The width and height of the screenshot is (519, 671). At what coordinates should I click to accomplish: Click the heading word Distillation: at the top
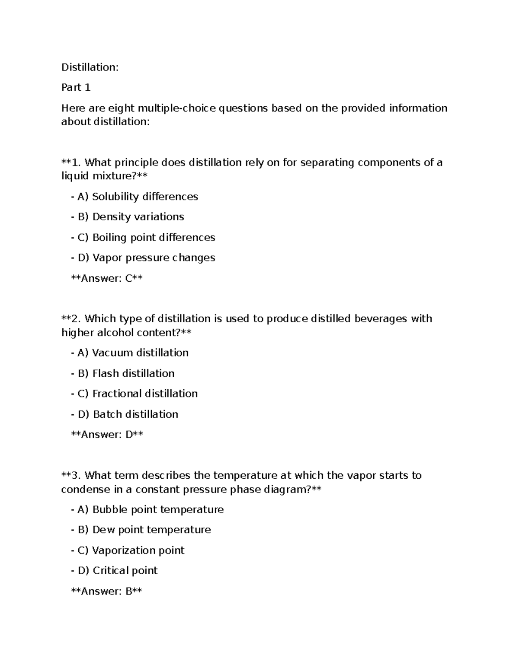point(90,67)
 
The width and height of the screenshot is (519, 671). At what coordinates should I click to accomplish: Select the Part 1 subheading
point(76,88)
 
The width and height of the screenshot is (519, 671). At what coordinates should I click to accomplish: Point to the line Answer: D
point(107,435)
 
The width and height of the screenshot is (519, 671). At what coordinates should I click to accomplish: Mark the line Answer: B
point(106,591)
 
